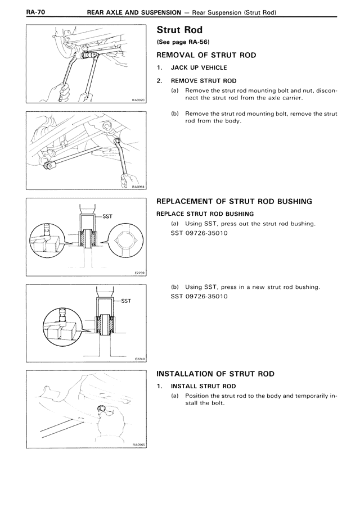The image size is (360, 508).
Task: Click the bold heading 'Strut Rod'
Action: click(179, 30)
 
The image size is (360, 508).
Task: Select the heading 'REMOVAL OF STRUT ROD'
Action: click(206, 55)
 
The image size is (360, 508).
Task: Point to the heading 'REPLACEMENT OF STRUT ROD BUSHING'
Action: click(234, 201)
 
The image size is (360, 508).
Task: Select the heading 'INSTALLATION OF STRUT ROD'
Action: click(215, 373)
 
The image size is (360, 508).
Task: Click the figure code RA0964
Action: click(138, 188)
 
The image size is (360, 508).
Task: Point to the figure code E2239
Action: click(139, 273)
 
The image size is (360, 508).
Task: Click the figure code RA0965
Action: click(138, 444)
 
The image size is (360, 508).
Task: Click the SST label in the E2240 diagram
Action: click(125, 301)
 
